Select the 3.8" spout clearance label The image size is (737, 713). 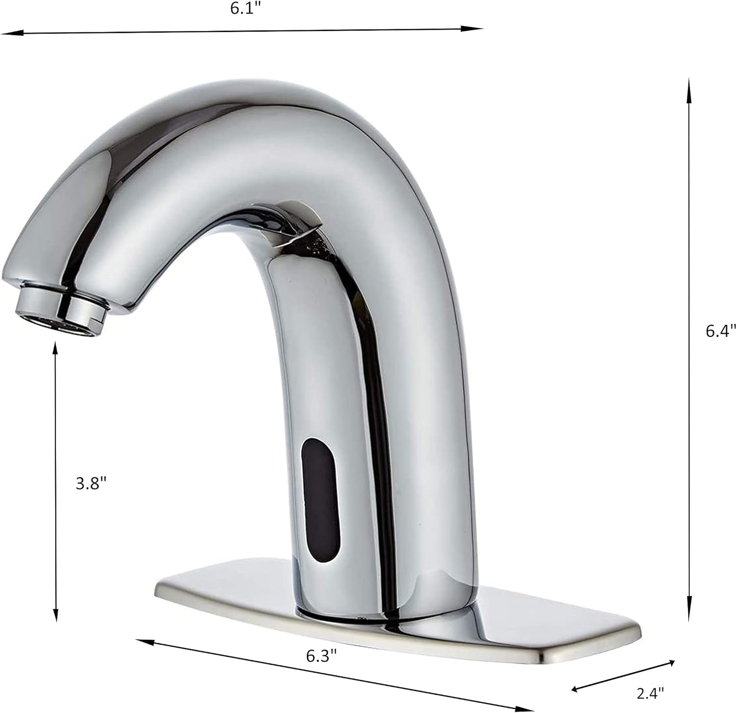91,484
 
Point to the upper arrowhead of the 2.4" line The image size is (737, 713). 672,663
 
